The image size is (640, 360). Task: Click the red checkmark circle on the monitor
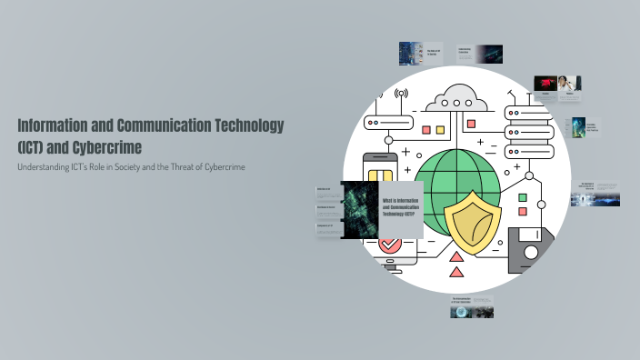pos(390,244)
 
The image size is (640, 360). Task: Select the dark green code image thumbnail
pos(357,208)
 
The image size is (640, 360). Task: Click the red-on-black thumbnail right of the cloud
pos(545,85)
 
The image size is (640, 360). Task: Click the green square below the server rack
pos(523,198)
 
